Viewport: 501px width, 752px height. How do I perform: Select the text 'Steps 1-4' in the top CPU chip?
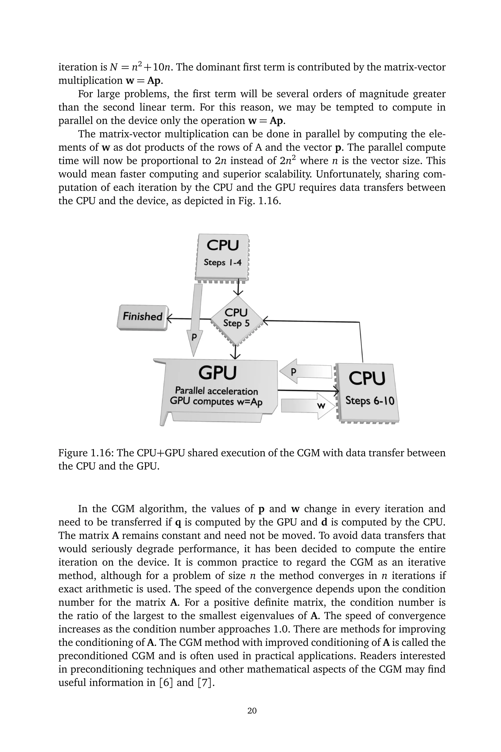point(223,263)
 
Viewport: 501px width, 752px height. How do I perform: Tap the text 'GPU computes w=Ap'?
point(216,401)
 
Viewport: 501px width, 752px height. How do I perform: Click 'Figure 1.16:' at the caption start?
point(85,453)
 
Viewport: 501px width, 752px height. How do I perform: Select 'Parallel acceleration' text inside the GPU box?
point(216,391)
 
